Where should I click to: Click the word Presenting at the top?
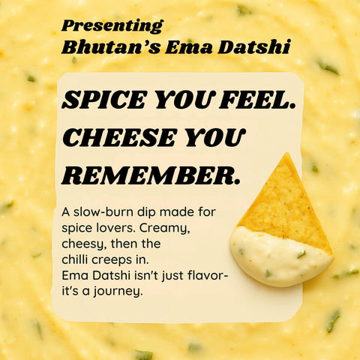[x=112, y=25]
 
